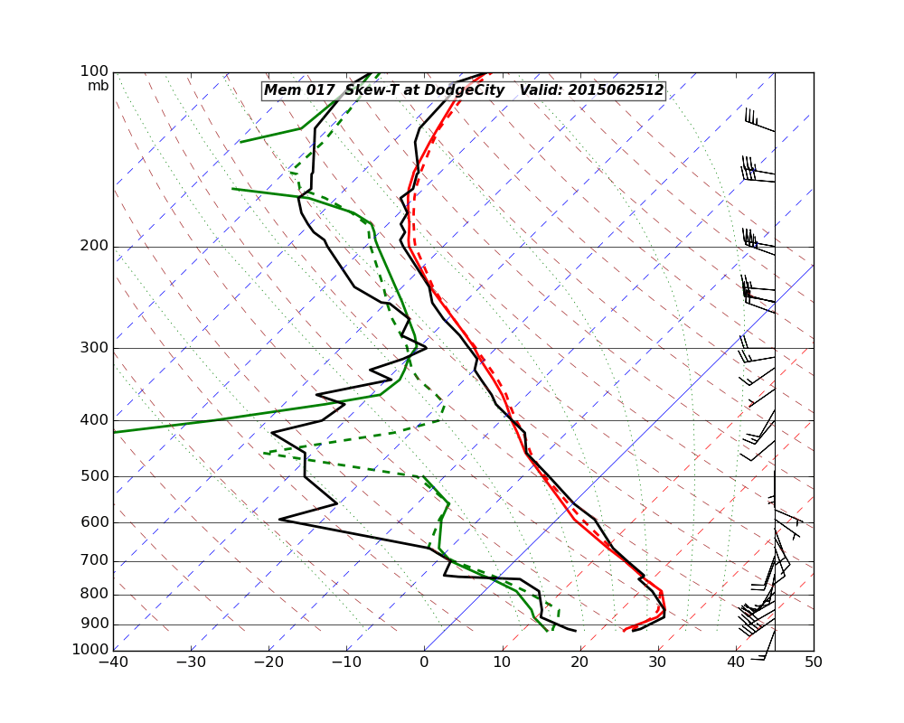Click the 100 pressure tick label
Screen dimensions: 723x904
[94, 71]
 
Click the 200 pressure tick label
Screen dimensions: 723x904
[94, 246]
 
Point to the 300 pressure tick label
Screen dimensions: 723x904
[94, 348]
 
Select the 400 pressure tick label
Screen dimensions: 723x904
[94, 420]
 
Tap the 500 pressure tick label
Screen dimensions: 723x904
[94, 476]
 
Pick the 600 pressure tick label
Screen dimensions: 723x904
[94, 522]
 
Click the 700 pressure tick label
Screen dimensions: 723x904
[94, 561]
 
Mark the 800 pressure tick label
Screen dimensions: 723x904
[94, 595]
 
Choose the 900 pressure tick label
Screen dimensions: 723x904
[94, 624]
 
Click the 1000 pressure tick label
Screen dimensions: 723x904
[90, 650]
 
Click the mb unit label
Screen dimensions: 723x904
[98, 86]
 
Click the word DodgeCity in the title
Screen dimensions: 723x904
[466, 90]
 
